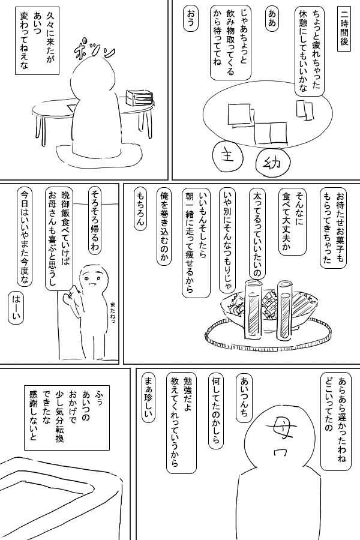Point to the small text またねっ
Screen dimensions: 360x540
[x=113, y=312]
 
